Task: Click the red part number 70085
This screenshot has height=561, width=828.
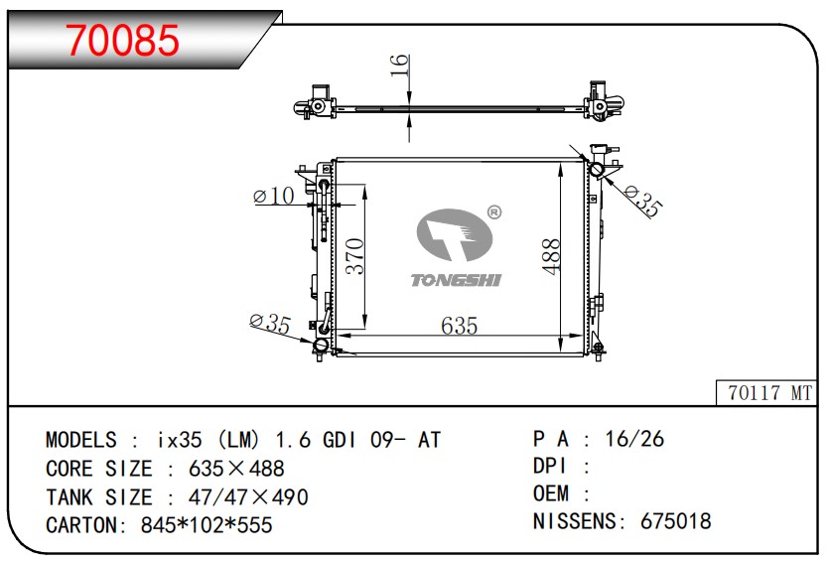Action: point(123,40)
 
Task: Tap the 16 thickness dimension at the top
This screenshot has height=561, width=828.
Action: point(400,65)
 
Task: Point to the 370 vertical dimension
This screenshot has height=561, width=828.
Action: point(354,256)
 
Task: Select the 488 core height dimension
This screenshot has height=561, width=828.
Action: point(550,257)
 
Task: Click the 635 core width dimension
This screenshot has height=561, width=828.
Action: point(460,326)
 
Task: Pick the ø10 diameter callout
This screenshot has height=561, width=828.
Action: point(274,196)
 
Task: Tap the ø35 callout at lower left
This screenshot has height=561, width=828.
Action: point(270,324)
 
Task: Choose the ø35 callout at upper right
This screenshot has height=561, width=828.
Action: point(642,202)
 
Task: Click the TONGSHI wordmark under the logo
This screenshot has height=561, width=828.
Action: point(457,280)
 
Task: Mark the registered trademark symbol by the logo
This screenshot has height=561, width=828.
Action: point(493,212)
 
